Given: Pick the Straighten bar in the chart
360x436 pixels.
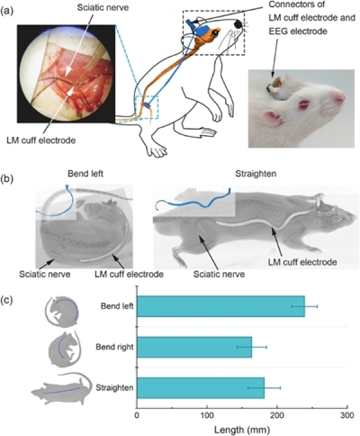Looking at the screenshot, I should point(200,387).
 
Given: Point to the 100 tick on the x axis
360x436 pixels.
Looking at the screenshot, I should point(208,415).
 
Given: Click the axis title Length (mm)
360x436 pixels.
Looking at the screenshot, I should point(242,429).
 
